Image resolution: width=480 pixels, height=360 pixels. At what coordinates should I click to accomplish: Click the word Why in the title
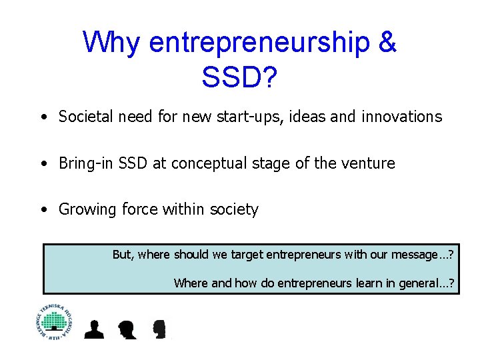click(111, 43)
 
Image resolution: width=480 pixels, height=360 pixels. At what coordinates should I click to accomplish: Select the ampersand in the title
click(386, 43)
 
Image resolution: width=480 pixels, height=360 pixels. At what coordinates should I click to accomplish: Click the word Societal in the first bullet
click(86, 117)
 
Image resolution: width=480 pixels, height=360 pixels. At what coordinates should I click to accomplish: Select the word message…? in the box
click(424, 254)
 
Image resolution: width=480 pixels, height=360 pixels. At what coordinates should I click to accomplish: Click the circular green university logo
click(54, 321)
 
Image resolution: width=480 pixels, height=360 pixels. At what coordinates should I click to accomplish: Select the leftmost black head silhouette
click(94, 329)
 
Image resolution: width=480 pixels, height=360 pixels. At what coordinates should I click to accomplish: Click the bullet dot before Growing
click(43, 210)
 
